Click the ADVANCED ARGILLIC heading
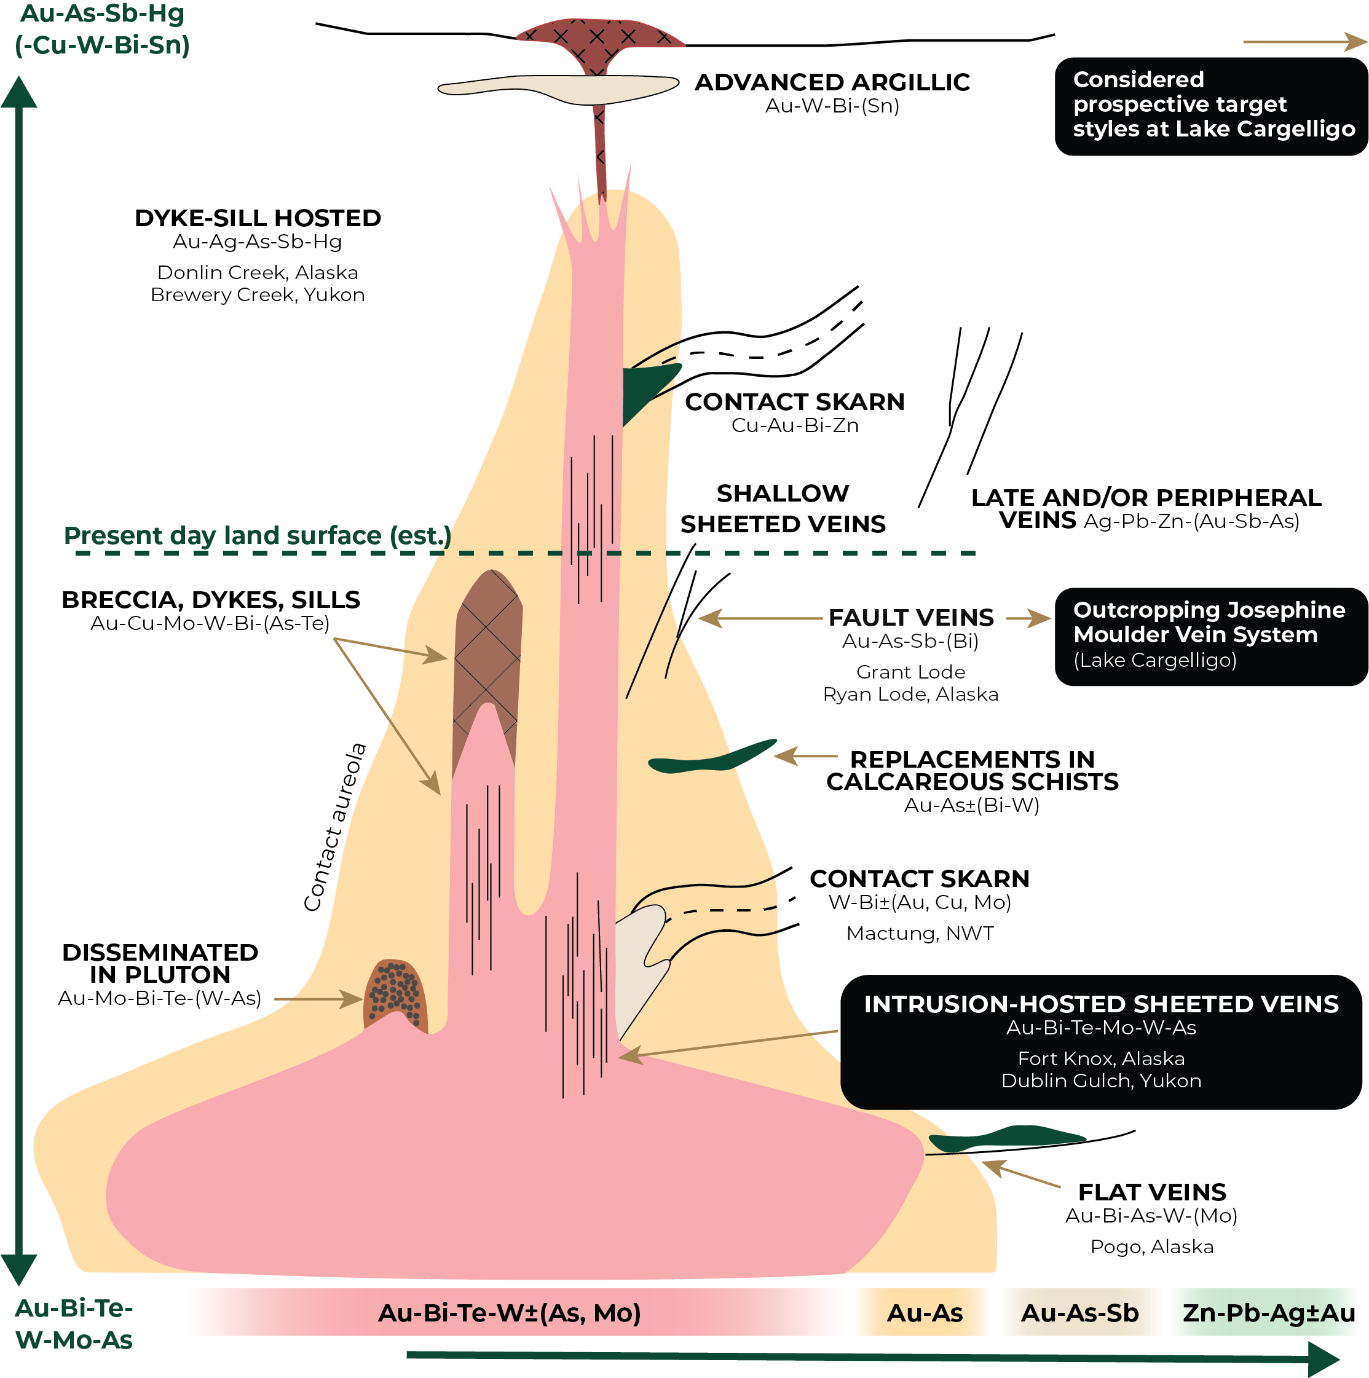[x=832, y=83]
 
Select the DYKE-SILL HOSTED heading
[x=258, y=218]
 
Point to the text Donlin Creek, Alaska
[x=258, y=272]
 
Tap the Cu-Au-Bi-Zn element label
[x=795, y=426]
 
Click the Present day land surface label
[x=258, y=536]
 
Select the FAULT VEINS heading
[x=911, y=618]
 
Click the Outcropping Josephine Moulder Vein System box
[x=1210, y=636]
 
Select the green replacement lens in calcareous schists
[x=710, y=759]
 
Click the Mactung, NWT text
[x=920, y=933]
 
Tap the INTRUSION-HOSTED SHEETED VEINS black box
[x=1101, y=1041]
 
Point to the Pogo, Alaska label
[x=1151, y=1246]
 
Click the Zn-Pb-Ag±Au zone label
[x=1268, y=1313]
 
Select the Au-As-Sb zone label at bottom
[x=1079, y=1313]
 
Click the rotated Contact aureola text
[x=334, y=827]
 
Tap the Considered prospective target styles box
[x=1210, y=105]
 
